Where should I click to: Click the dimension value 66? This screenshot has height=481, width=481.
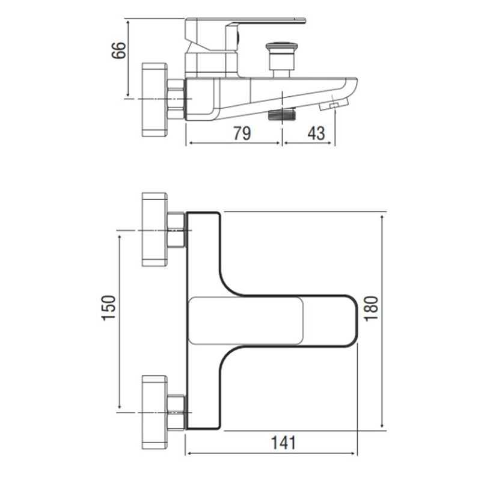point(118,50)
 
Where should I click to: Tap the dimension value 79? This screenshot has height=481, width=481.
point(242,133)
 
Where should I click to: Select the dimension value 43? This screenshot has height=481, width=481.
point(316,133)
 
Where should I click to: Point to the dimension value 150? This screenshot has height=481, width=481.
point(109,308)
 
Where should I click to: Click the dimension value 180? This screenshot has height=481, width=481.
point(371,308)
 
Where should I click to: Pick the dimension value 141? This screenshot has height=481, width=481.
point(283,443)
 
